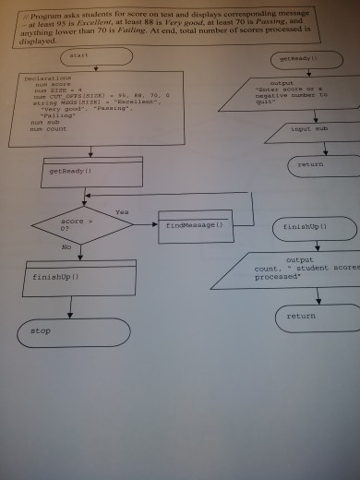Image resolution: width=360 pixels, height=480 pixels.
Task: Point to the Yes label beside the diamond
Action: pos(121,211)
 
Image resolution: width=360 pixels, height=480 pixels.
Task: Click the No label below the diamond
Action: pos(65,247)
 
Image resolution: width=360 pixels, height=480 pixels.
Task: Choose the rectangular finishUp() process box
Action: pos(83,276)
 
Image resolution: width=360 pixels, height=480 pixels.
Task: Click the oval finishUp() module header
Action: pos(305,225)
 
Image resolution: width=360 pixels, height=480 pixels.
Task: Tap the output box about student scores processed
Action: pos(285,270)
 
